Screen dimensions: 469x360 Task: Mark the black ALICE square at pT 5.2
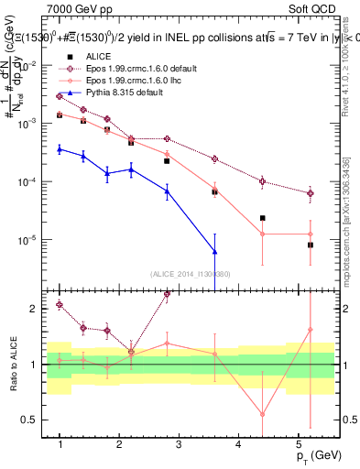point(311,245)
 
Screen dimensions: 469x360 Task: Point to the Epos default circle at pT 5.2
point(311,193)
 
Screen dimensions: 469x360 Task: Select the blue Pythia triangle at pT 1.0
point(60,148)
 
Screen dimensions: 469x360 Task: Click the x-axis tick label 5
point(298,444)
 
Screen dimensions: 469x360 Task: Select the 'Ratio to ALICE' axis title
point(11,365)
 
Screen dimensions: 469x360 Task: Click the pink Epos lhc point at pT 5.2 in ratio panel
point(311,329)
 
